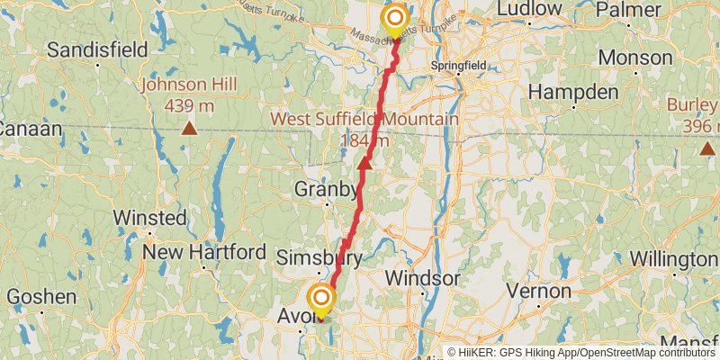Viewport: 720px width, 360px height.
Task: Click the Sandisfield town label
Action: point(98,49)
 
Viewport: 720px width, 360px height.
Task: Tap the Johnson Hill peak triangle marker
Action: point(189,128)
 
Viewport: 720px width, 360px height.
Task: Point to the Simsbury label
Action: point(319,258)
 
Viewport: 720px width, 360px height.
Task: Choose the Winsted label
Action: point(150,218)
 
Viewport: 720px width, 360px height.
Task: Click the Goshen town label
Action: point(41,296)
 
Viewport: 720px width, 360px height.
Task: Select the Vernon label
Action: point(539,291)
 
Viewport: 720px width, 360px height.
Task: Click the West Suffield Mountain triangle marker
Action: point(364,163)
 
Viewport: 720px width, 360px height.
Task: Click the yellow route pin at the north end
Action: point(395,20)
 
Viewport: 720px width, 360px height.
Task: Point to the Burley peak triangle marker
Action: point(708,148)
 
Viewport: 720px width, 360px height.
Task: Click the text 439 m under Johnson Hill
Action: point(189,105)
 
